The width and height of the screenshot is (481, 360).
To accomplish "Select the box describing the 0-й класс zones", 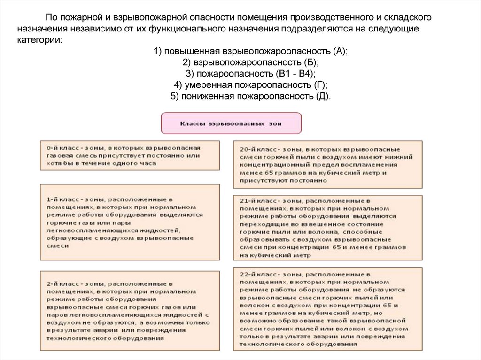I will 129,155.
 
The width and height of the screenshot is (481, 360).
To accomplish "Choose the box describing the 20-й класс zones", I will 327,164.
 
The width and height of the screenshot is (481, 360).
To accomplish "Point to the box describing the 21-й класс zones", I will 327,227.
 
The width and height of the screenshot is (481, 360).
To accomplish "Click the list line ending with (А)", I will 250,52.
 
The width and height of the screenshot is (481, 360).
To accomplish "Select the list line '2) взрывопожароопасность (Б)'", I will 250,63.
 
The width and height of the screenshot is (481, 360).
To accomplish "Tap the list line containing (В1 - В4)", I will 250,74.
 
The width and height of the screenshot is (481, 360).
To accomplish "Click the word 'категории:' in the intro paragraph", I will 39,39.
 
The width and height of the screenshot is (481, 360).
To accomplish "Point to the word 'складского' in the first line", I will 404,18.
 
